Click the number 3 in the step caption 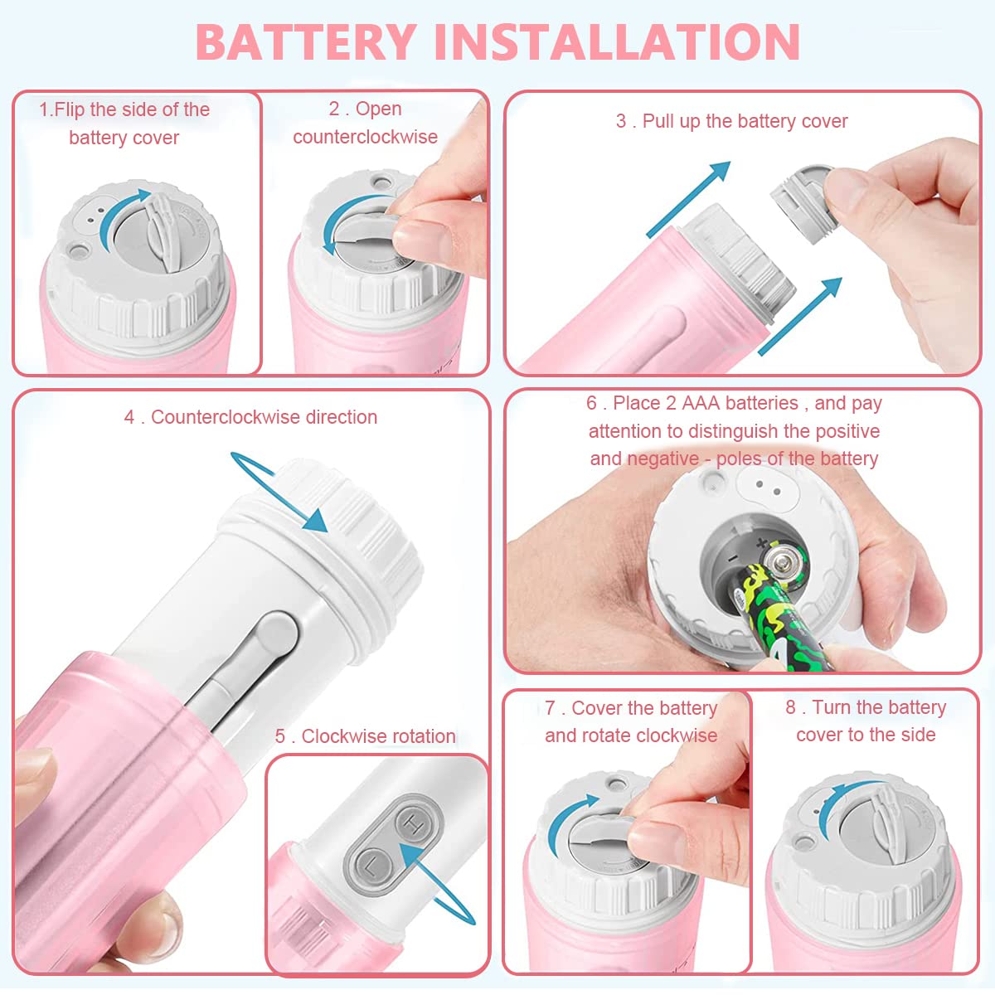[621, 121]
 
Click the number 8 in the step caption [790, 707]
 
